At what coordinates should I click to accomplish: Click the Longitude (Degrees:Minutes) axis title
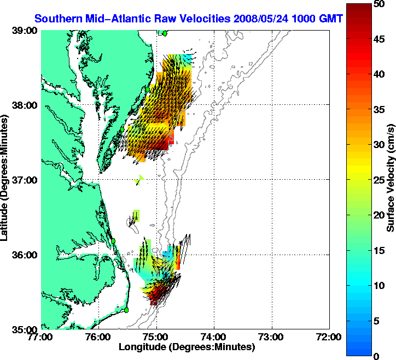(186, 347)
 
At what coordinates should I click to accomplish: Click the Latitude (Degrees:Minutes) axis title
(7, 180)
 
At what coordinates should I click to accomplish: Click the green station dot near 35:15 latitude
(126, 310)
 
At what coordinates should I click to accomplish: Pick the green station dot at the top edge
(165, 33)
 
